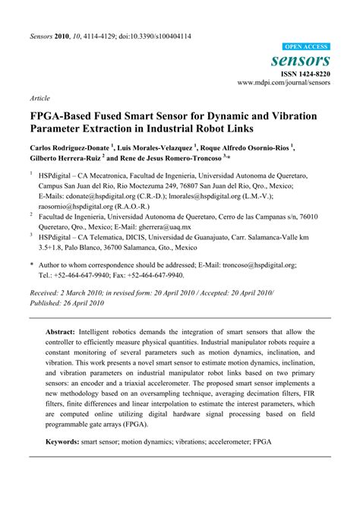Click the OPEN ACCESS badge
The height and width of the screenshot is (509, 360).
tap(305, 46)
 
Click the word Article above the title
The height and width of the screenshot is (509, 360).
tap(40, 99)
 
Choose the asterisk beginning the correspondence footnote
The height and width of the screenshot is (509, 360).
tap(32, 265)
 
